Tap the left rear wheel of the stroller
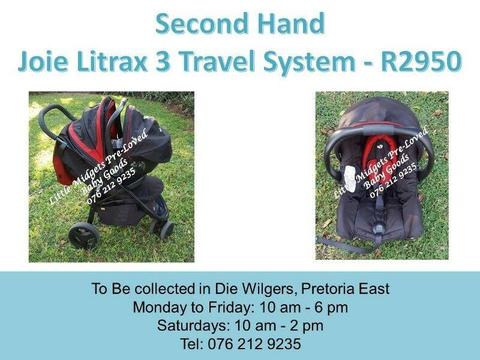tap(84, 235)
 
